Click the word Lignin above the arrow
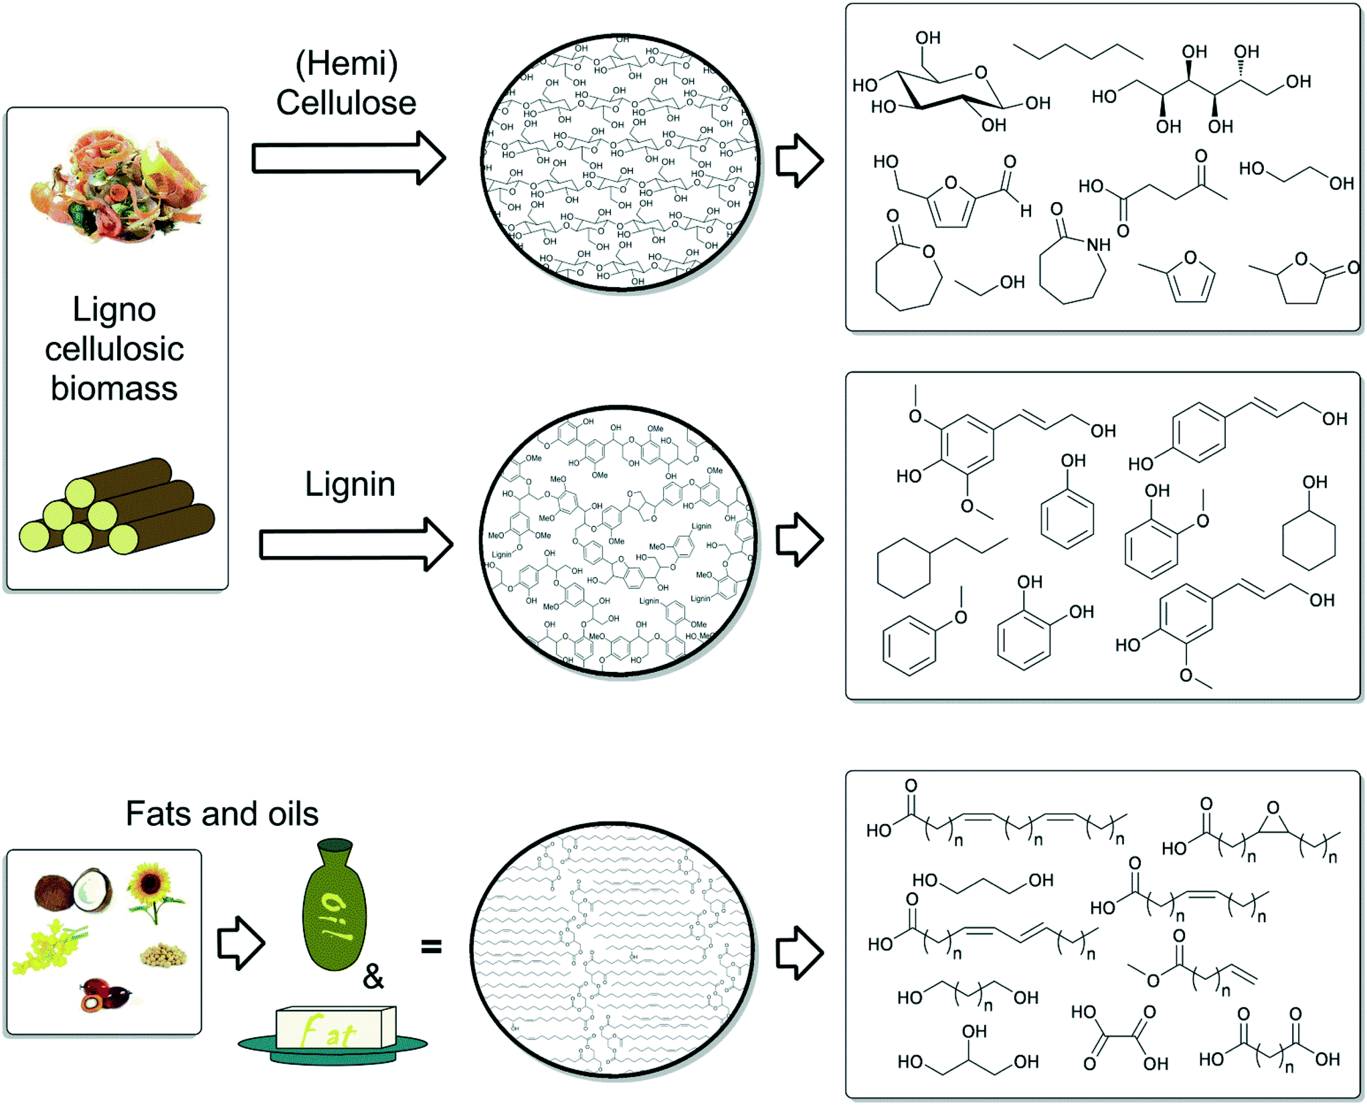click(350, 484)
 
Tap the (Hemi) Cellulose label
click(346, 84)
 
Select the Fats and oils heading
click(221, 814)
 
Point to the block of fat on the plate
click(335, 1028)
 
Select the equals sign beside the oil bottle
click(431, 946)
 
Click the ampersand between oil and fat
click(373, 977)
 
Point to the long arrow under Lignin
click(355, 543)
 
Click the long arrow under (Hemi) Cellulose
click(348, 159)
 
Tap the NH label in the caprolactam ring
click(1098, 245)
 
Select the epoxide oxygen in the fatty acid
click(1273, 808)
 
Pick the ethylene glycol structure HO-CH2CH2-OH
click(1296, 175)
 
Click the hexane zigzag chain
click(1078, 52)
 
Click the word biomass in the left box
click(114, 389)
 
